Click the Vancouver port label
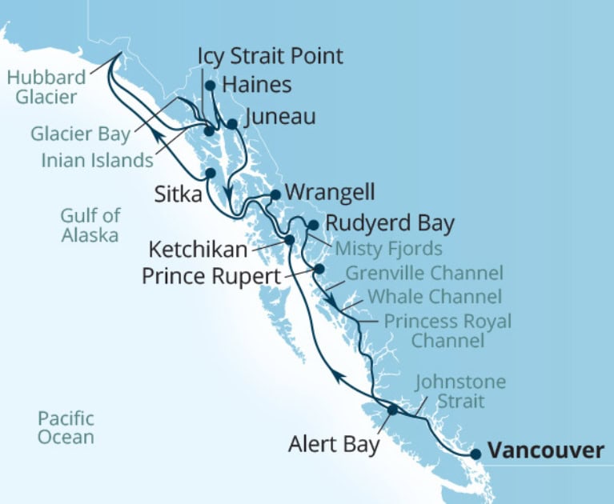click(546, 450)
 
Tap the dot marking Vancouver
click(476, 454)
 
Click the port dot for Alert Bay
click(392, 410)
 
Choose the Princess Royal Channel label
click(447, 331)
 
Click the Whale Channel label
click(434, 297)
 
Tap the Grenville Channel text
click(423, 274)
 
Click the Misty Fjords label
click(388, 247)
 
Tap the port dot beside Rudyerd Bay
click(314, 225)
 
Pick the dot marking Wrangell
click(275, 194)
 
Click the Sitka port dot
click(210, 173)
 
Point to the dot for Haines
click(210, 85)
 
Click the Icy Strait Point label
click(271, 56)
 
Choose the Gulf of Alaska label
click(90, 225)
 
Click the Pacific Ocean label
click(66, 428)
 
